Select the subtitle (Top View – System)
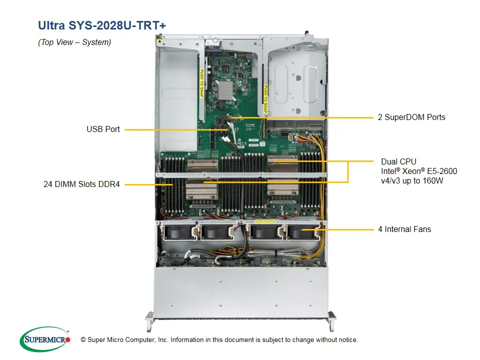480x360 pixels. pos(74,42)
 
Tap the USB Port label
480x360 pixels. pos(103,129)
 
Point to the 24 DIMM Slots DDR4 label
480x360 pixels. pos(81,184)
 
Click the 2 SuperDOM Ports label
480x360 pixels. pos(411,117)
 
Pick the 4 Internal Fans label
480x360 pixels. pos(404,229)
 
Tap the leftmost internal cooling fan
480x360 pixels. pos(179,232)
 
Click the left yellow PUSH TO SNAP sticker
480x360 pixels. pos(202,83)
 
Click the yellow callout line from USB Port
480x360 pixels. pos(175,129)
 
